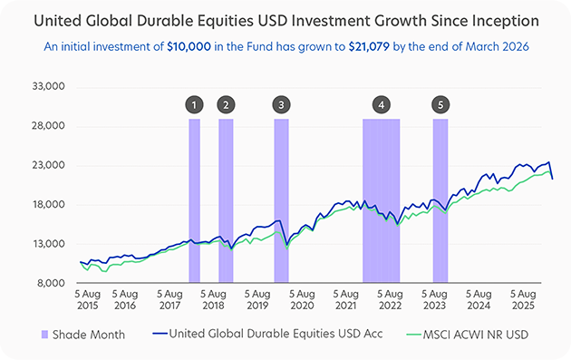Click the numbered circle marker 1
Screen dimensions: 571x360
(194, 105)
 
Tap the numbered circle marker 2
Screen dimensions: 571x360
(226, 105)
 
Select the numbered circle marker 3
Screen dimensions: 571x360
(281, 105)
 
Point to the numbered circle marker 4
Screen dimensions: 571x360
(382, 105)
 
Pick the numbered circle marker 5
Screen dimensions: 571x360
(440, 105)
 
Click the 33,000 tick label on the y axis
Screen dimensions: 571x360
(48, 86)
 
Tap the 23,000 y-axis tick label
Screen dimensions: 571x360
(48, 165)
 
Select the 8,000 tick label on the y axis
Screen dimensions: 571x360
(51, 283)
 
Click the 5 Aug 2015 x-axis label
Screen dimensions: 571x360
(87, 299)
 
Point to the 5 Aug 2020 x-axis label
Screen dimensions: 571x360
(302, 299)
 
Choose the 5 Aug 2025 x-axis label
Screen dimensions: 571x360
(523, 299)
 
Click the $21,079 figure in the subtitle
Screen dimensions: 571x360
(369, 46)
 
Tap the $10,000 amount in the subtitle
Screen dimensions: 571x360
(189, 46)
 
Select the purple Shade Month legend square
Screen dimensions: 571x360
(44, 335)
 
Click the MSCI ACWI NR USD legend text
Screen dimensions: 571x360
(475, 335)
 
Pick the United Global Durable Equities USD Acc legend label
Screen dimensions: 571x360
(276, 334)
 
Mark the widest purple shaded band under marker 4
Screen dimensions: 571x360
(382, 200)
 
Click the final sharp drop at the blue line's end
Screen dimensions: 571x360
(551, 170)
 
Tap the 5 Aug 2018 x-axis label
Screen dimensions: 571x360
(213, 299)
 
